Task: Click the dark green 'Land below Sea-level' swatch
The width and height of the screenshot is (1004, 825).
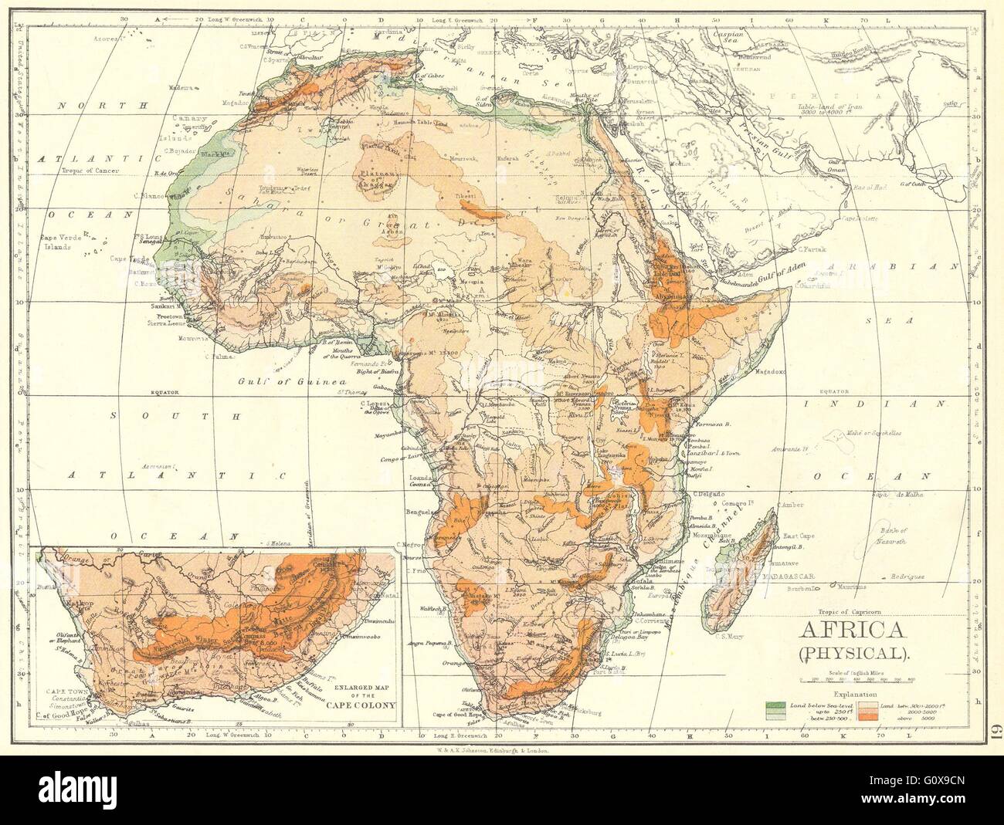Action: click(x=775, y=705)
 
